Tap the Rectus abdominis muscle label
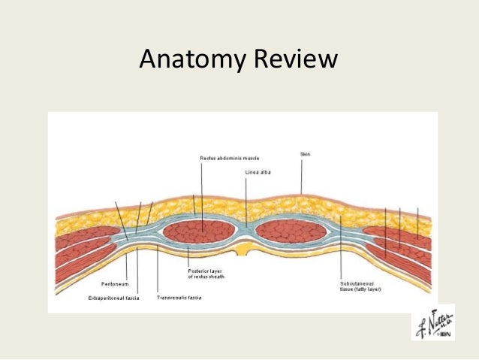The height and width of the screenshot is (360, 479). pos(228,159)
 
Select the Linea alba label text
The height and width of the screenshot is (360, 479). pos(256,173)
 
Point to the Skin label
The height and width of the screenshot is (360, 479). pos(305,153)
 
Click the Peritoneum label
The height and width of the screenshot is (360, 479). pos(115,284)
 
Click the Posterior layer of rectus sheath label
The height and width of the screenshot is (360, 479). pos(205,273)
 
